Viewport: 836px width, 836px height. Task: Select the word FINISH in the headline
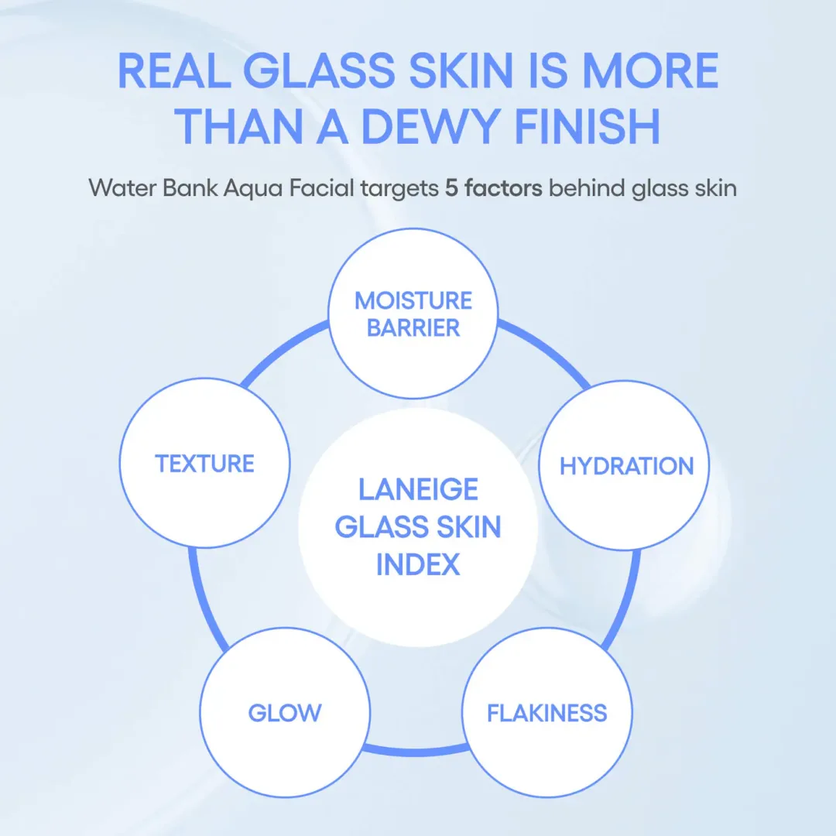[587, 128]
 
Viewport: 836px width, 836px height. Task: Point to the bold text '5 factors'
[493, 188]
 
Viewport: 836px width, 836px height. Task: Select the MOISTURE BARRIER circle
[413, 313]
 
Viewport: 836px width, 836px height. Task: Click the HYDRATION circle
[626, 466]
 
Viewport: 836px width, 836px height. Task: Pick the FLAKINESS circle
[546, 712]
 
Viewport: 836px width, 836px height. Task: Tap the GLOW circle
[284, 712]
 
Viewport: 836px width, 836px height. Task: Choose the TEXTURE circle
[204, 464]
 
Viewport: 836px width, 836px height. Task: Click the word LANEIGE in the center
[418, 489]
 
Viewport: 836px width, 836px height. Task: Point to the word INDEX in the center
[418, 564]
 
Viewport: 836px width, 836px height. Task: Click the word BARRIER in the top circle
[413, 328]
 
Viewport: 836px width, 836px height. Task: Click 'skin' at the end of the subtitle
[714, 188]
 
